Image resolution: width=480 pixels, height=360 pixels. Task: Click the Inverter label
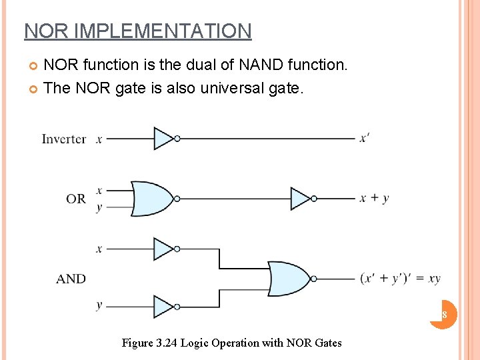pos(63,139)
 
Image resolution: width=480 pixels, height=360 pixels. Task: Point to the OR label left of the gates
pos(75,199)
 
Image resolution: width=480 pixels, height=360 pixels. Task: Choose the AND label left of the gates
pos(71,279)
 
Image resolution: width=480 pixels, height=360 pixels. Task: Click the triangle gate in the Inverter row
pos(164,139)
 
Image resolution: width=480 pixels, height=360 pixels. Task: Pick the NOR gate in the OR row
pos(152,198)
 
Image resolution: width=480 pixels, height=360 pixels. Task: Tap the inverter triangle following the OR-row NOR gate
pos(301,198)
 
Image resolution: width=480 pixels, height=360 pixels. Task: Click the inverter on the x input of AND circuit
pos(164,249)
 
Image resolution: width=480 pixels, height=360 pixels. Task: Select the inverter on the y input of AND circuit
pos(164,307)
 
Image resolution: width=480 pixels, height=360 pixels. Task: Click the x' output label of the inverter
pos(365,138)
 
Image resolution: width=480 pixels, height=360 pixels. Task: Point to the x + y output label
pos(375,198)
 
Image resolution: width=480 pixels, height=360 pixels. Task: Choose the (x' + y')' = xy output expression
pos(400,279)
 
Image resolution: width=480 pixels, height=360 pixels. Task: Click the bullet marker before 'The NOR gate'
pos(34,88)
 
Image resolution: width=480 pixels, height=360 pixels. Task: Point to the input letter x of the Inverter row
pos(99,139)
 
